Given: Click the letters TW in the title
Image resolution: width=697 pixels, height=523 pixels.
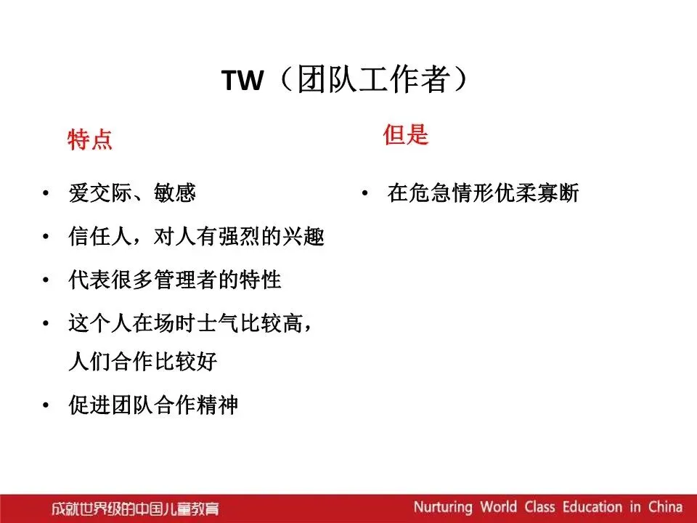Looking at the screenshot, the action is [x=242, y=81].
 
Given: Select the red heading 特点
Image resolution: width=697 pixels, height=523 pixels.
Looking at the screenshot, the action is [x=90, y=139].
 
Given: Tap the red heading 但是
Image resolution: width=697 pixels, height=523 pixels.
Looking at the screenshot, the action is [x=405, y=134].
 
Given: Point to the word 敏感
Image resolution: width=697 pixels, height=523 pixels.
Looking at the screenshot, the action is [x=175, y=193].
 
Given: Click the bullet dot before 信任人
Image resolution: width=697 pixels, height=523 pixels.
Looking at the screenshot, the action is [x=46, y=236].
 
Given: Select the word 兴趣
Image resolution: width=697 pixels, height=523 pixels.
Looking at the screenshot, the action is [x=303, y=236].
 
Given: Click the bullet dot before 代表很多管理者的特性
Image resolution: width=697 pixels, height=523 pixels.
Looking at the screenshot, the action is [x=46, y=280].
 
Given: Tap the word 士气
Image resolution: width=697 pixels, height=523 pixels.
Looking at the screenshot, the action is [x=218, y=323].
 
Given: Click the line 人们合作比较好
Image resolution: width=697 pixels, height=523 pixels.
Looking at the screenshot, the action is [x=143, y=361].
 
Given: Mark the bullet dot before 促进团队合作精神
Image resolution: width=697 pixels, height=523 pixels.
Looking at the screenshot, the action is [x=46, y=405].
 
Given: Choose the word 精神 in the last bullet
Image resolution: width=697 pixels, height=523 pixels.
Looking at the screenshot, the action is [x=218, y=405].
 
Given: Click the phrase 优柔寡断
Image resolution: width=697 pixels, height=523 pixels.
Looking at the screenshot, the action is [x=537, y=193].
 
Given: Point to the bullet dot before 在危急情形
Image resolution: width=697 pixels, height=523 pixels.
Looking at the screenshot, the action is [x=365, y=193].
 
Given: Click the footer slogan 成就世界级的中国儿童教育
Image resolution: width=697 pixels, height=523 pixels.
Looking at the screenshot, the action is [x=135, y=508].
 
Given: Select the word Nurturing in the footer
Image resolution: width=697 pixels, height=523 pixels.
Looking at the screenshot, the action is [x=443, y=507].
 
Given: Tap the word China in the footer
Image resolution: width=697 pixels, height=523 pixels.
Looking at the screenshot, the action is [x=665, y=506].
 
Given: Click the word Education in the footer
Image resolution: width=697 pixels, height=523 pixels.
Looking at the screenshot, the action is [x=592, y=506].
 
